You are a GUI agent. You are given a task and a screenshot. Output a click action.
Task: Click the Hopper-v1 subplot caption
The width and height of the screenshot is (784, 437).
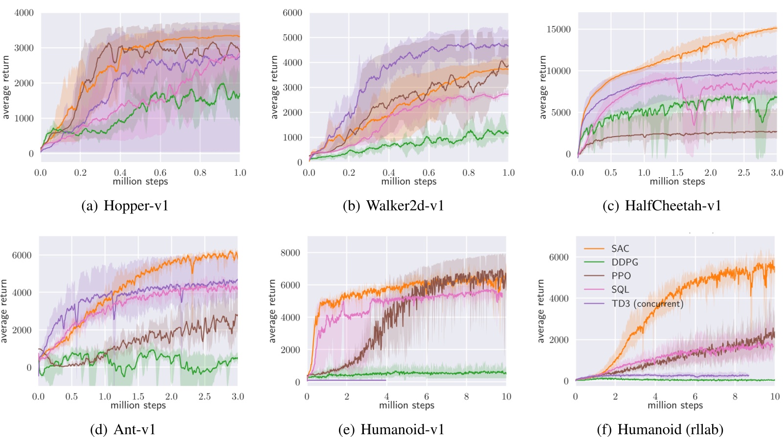click(x=125, y=206)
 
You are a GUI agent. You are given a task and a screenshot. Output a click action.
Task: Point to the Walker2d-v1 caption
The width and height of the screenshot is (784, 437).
click(x=394, y=206)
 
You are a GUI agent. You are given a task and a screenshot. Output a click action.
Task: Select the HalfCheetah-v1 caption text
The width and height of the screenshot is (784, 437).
click(x=662, y=206)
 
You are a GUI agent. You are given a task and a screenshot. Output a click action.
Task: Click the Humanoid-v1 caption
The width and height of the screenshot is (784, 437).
click(x=391, y=429)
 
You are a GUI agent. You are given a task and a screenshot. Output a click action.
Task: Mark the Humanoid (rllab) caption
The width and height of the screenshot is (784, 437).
click(x=660, y=429)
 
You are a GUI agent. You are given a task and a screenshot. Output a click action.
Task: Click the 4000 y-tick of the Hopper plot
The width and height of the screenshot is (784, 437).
click(x=24, y=13)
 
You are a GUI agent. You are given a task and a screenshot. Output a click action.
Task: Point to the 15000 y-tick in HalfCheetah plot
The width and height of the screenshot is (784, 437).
click(x=559, y=29)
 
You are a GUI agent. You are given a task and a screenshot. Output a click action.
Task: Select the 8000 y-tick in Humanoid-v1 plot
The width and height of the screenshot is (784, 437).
click(x=290, y=253)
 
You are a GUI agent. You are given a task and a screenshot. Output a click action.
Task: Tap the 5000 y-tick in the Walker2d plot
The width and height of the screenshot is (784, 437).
click(x=292, y=38)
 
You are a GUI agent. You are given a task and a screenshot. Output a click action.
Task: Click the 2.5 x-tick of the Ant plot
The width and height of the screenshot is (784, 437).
click(x=204, y=396)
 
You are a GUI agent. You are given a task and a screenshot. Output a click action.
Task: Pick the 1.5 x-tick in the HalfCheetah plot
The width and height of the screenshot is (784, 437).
click(x=677, y=173)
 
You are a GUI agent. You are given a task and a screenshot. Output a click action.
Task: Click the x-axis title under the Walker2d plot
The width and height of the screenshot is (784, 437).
click(x=409, y=182)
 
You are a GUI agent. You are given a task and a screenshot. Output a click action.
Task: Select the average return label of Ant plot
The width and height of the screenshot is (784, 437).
click(x=4, y=311)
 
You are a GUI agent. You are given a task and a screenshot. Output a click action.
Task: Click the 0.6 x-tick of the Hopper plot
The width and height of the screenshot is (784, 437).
click(x=160, y=173)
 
